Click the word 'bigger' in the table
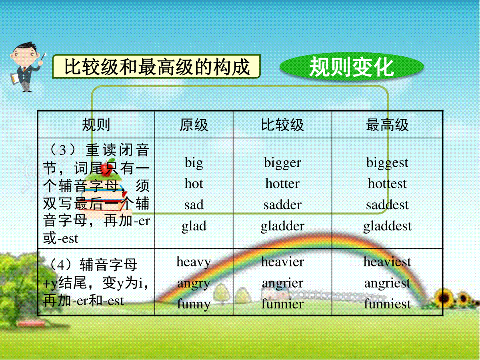[282, 163]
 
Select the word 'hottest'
[387, 183]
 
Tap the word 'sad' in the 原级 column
[194, 204]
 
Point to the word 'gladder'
[282, 226]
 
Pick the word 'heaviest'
[387, 262]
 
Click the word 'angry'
[194, 284]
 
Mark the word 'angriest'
[387, 284]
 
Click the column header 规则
[96, 125]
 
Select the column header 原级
[194, 125]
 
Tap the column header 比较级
[282, 125]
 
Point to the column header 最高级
[387, 125]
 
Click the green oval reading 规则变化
[352, 67]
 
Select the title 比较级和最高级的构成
[156, 66]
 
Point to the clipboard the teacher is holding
[15, 78]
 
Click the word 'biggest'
[387, 163]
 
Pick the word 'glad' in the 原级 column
[194, 226]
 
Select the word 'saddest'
[387, 204]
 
